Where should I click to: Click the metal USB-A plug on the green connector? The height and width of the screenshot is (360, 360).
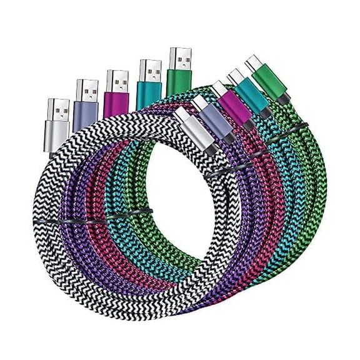coord(181,57)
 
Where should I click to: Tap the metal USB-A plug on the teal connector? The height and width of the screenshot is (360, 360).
coord(150,69)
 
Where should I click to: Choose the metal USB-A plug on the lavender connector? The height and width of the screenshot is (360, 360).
coord(87,89)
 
